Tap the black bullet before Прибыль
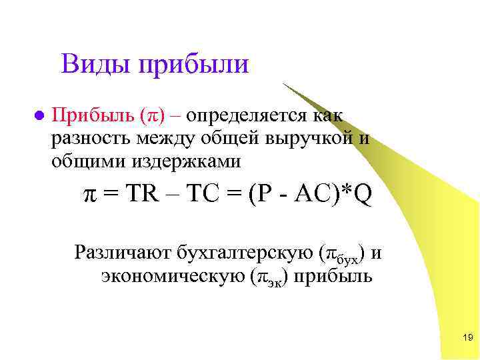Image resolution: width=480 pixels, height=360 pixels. click(x=39, y=115)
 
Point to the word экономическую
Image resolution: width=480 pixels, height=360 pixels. click(x=173, y=276)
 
